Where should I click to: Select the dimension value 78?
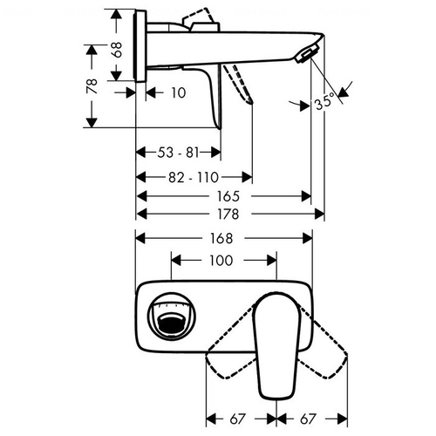92,85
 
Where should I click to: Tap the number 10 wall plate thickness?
178,93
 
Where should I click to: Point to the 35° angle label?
324,101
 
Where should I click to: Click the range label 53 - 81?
178,153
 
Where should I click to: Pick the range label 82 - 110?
194,177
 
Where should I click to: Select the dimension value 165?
228,196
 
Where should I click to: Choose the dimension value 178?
228,215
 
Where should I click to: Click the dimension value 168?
221,239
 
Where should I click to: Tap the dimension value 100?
221,261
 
